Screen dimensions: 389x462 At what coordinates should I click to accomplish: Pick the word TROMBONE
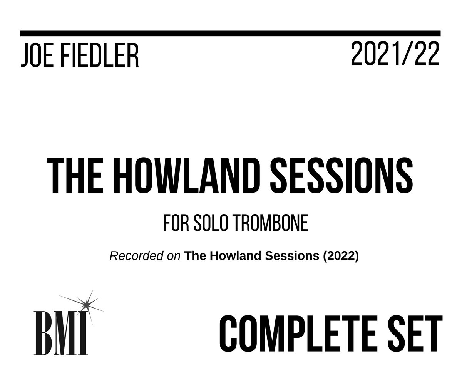[271, 224]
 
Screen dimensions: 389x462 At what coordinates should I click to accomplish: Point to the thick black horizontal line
[230, 33]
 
